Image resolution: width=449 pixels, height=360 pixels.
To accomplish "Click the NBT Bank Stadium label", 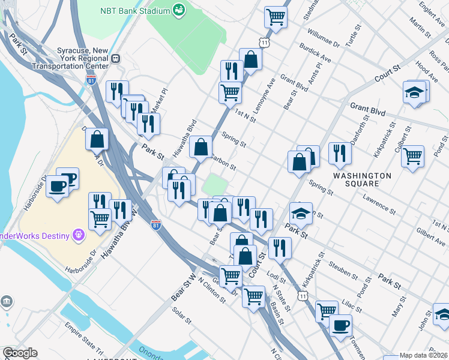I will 134,10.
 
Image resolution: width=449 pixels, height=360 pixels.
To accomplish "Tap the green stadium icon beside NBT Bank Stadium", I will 178,10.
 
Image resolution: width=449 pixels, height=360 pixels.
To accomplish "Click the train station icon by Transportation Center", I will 115,58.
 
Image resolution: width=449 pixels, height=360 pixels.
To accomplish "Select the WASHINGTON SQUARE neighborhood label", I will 363,179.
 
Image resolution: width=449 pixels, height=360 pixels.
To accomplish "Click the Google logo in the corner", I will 20,353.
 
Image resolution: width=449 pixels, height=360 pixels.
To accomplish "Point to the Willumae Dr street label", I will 324,36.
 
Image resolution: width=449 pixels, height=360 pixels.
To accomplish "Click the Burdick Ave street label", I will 318,57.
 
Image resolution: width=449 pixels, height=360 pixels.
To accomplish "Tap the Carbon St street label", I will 223,163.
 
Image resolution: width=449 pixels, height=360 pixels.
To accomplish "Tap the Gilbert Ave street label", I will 430,236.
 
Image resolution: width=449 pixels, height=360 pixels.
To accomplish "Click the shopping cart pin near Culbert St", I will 412,156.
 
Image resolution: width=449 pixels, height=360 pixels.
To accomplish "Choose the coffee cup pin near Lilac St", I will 340,326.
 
